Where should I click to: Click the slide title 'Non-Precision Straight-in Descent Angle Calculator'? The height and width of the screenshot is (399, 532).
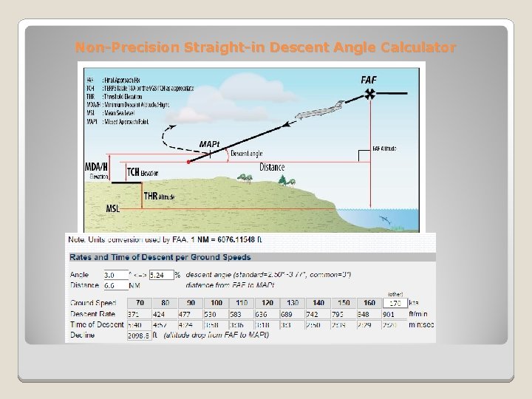coord(266,48)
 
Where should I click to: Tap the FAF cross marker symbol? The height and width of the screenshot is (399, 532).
coord(369,93)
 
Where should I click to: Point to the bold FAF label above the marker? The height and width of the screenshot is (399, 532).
coord(369,78)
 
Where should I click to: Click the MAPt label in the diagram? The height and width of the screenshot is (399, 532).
coord(209,143)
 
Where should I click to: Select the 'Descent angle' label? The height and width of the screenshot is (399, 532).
coord(246,154)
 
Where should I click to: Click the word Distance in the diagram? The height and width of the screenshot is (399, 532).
coord(272,168)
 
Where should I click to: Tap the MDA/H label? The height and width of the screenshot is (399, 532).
coord(96,168)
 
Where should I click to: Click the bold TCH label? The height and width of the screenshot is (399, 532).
coord(133,172)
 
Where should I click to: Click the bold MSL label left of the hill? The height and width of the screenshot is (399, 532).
coord(112,209)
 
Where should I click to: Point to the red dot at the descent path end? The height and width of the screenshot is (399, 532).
coord(188,161)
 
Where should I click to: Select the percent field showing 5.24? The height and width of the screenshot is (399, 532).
coord(161,275)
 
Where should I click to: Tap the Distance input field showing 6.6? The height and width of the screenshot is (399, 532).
coord(116,284)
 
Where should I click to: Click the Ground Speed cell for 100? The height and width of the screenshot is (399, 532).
coord(216,303)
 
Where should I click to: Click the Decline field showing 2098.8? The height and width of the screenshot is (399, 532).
coord(139,335)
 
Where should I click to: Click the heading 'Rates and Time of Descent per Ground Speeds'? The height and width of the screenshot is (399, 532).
coord(160,258)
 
